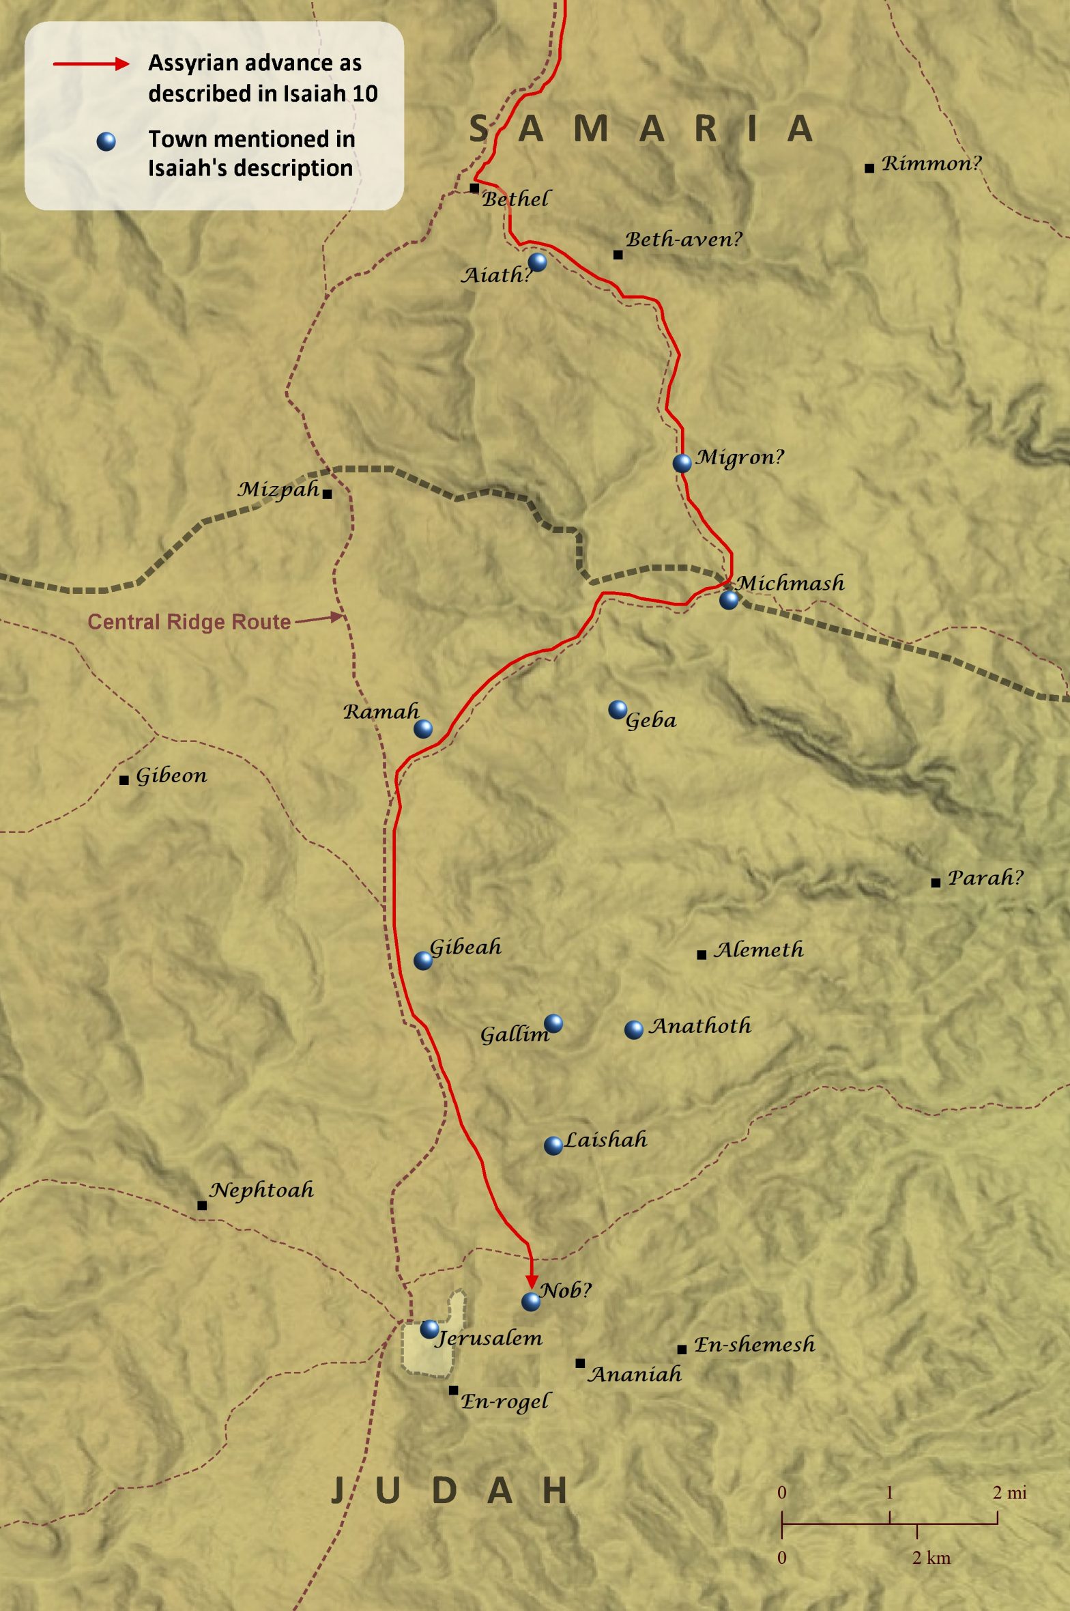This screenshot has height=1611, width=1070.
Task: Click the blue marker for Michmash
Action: [729, 599]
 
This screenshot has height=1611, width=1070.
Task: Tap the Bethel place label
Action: [515, 199]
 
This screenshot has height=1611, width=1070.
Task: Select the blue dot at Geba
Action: [618, 709]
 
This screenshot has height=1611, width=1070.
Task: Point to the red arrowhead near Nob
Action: [532, 1282]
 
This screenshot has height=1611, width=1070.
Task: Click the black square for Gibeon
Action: [124, 780]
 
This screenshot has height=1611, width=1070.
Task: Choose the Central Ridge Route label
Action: [189, 621]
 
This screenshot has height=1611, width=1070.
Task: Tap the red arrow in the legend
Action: [91, 64]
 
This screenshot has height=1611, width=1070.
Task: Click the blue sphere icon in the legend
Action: [106, 141]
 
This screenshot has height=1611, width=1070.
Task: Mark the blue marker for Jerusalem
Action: [429, 1329]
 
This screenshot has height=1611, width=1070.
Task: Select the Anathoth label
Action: [699, 1026]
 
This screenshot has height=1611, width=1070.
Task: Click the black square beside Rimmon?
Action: [869, 168]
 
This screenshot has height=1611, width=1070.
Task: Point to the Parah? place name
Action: [985, 878]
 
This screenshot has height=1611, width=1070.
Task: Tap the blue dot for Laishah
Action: [553, 1145]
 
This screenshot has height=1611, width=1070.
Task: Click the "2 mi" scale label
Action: [1009, 1493]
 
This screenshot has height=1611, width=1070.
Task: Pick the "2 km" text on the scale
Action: [931, 1558]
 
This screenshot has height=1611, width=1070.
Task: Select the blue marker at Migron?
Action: [682, 463]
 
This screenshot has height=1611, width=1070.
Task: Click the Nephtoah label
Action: [261, 1191]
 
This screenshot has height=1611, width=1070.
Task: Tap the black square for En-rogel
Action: [453, 1391]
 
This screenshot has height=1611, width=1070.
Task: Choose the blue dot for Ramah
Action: [423, 728]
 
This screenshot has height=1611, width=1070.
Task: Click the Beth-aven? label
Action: [683, 240]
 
